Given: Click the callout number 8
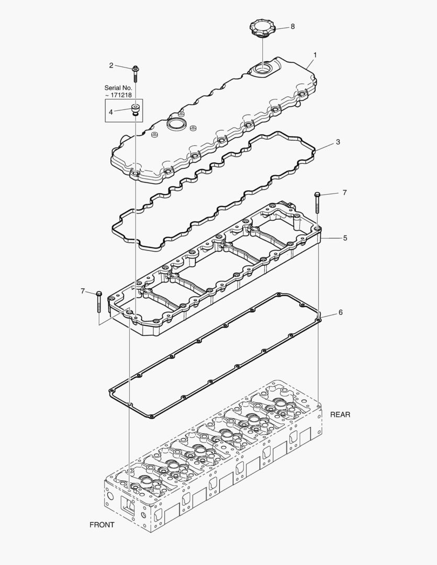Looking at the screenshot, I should [292, 26].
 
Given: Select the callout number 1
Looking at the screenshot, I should [315, 54].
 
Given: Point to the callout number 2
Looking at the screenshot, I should [111, 65].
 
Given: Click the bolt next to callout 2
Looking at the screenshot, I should [135, 73].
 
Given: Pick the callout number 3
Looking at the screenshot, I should [338, 142].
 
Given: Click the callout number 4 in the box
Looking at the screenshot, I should [111, 111].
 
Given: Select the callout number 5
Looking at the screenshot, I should [345, 238].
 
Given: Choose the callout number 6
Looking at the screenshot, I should [340, 312].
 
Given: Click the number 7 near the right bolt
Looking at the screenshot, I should [344, 193].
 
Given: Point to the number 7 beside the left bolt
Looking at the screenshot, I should [83, 291].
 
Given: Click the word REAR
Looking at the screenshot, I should [340, 414].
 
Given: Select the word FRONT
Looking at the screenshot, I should [102, 525].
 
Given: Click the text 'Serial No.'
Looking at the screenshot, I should [118, 88].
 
